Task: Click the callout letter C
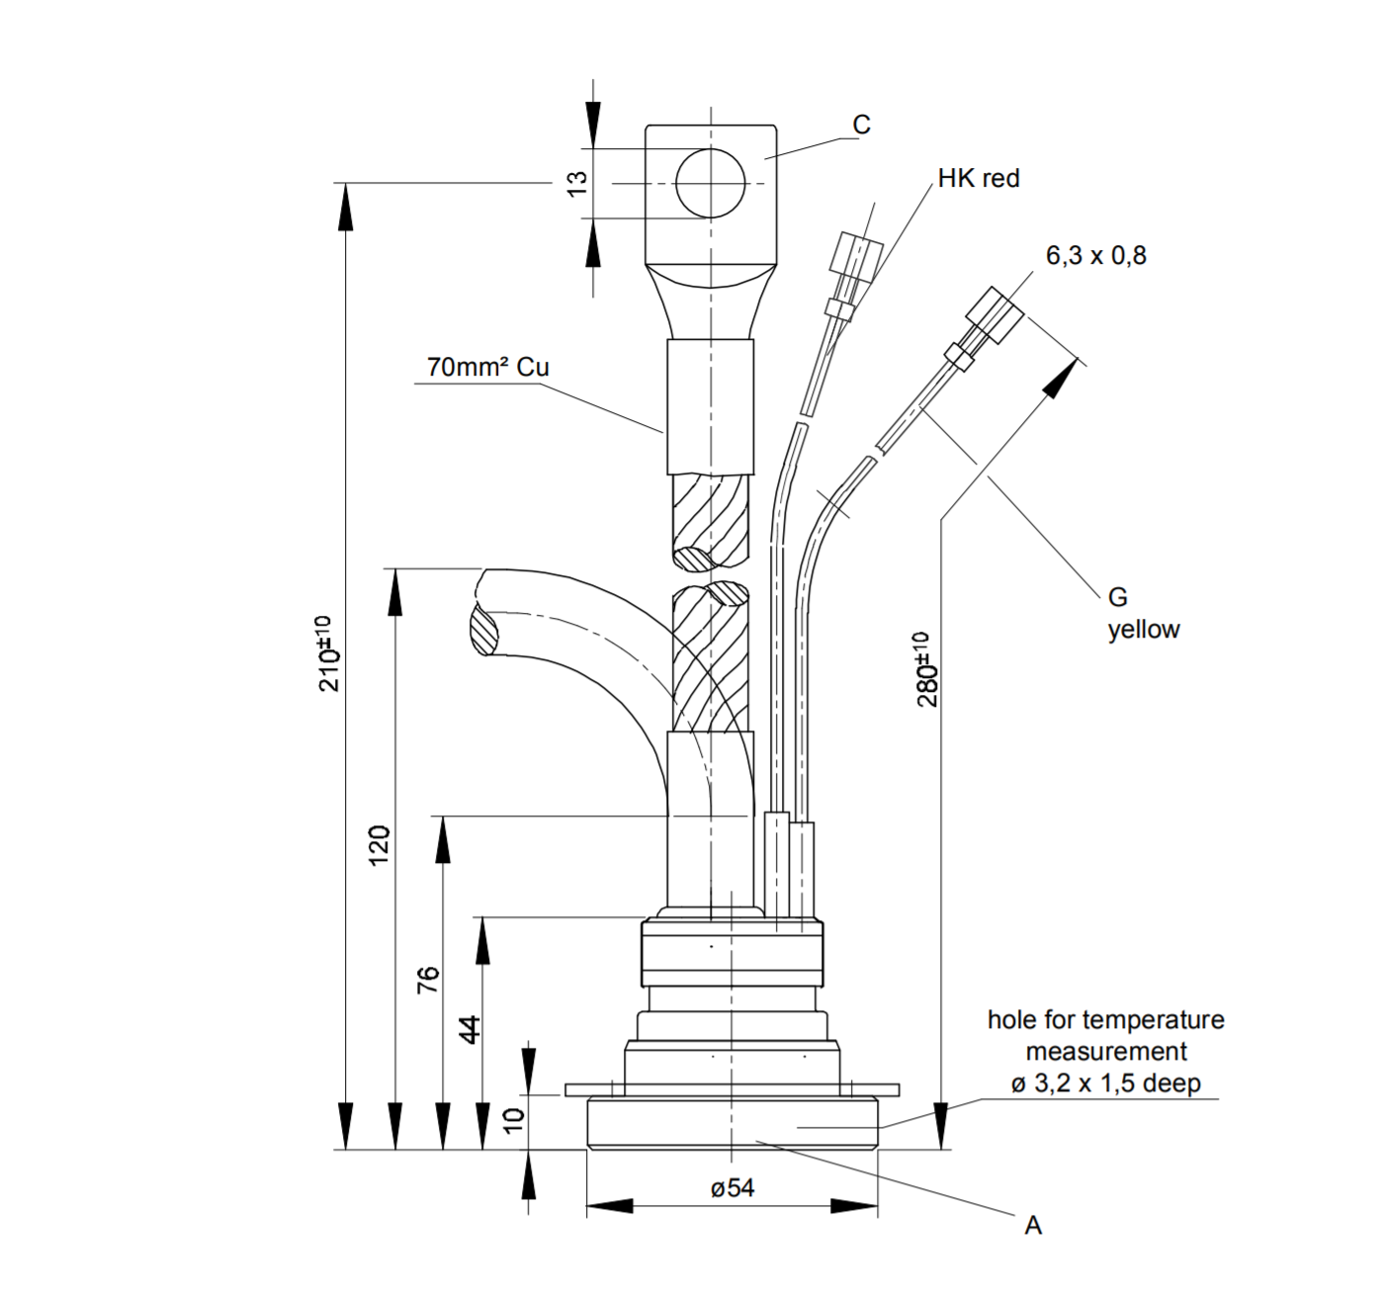point(861,125)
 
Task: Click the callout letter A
point(1033,1226)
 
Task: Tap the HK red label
point(978,179)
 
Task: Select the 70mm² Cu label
point(487,367)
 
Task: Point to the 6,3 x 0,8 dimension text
point(1095,255)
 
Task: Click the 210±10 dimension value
point(329,653)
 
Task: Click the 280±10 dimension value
point(926,669)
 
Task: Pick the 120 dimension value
point(380,846)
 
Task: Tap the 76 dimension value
point(427,980)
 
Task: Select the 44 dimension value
point(472,1029)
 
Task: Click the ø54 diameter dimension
point(732,1188)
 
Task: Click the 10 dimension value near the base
point(513,1120)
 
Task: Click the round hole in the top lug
point(710,183)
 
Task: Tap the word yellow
point(1144,630)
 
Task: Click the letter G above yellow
point(1117,597)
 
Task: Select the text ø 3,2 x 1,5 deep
point(1105,1083)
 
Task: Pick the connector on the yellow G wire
point(995,314)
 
